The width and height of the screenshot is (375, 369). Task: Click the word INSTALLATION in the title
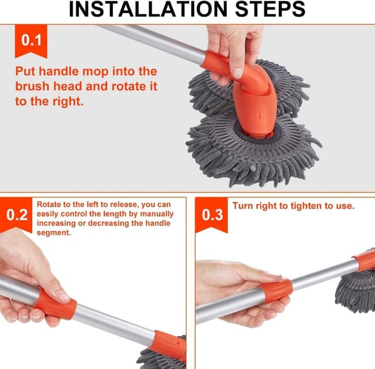[x=148, y=9]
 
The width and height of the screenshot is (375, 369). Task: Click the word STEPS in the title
[x=270, y=9]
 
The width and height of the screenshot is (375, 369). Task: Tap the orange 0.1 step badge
[x=31, y=40]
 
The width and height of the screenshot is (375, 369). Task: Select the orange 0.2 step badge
[x=16, y=215]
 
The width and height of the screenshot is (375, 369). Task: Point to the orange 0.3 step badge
[x=212, y=215]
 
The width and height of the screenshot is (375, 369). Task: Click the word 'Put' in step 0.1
[x=25, y=71]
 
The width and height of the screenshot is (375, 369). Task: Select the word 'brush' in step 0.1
[x=32, y=86]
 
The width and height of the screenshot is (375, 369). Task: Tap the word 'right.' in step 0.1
[x=68, y=101]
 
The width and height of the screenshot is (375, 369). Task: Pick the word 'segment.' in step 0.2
[x=54, y=233]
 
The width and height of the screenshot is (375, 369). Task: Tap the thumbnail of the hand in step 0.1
[x=237, y=73]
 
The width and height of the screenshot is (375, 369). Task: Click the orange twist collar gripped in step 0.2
[x=56, y=304]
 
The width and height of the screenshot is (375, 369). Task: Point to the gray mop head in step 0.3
[x=356, y=291]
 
